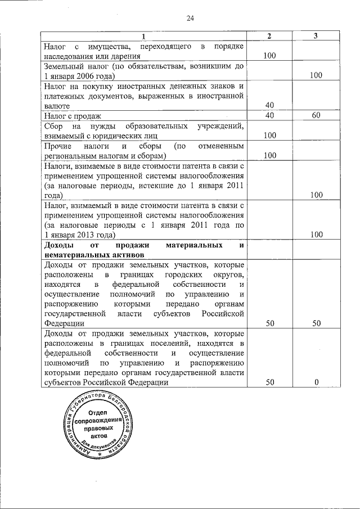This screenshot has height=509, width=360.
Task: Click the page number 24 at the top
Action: coord(190,19)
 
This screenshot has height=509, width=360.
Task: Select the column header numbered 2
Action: coord(269,36)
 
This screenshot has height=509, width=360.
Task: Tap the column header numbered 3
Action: coord(316,36)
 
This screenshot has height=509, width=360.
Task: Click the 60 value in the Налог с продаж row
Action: coord(316,115)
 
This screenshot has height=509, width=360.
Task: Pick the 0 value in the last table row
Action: coord(316,382)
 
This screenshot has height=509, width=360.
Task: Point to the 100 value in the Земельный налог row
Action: coord(316,75)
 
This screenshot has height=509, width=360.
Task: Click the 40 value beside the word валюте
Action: coord(269,105)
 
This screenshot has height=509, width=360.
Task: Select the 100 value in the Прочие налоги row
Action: coord(269,155)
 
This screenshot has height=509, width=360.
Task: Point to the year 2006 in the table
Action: coord(87,76)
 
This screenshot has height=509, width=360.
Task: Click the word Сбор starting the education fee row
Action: coord(53,125)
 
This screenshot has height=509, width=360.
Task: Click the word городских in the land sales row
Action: coord(184,274)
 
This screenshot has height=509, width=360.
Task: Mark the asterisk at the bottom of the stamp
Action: coord(100,453)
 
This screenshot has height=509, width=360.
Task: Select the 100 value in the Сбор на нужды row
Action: coord(269,136)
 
